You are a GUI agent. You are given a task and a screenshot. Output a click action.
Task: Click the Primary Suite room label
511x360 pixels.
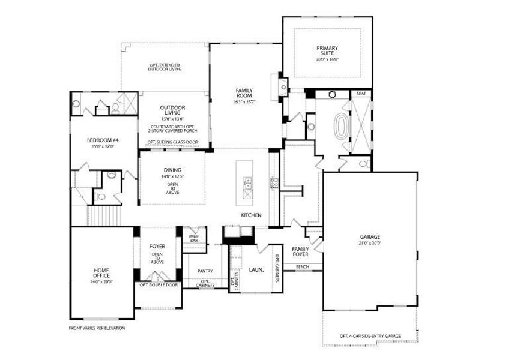coord(327,50)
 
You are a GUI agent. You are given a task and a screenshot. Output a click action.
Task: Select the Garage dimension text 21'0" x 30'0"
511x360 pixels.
coord(370,243)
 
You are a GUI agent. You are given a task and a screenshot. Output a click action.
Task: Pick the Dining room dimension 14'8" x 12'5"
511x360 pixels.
coord(172,176)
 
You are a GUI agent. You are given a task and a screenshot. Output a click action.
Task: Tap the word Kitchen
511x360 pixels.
coord(250,215)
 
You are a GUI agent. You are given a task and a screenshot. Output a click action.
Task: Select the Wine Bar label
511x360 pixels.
coord(193,239)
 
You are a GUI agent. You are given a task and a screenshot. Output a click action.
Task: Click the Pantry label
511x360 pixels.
coord(205,271)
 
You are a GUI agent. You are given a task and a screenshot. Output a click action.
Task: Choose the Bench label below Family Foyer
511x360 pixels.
coord(302,266)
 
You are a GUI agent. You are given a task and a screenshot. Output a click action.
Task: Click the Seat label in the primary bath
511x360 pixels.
coord(361,94)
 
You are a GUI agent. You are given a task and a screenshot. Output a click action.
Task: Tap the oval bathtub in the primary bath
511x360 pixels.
coord(343,126)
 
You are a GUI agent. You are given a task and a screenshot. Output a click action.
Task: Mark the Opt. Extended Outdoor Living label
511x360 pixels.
coord(165,67)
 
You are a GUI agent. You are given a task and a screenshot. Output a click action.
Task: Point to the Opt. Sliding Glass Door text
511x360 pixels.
coord(172,142)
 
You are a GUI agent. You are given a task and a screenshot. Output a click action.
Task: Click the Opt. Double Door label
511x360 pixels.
coord(159,285)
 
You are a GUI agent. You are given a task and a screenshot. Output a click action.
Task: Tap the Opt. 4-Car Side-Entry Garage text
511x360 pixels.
coord(370,336)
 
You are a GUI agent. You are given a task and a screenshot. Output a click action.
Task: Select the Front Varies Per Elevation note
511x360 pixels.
coord(97,328)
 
